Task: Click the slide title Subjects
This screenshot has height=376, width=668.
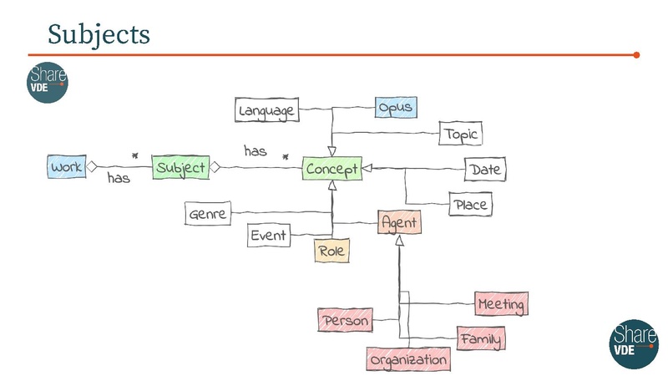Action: tap(99, 34)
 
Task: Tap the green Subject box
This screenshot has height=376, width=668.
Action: tap(181, 168)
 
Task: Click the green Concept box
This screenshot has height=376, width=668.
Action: tap(331, 170)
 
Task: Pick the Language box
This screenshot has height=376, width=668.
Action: tap(266, 111)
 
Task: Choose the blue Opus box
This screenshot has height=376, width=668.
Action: tap(394, 108)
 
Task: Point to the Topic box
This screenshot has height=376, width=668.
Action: tap(461, 134)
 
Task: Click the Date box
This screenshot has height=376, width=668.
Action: tap(485, 170)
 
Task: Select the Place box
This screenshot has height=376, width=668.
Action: tap(469, 204)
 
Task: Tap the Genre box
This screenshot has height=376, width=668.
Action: tap(208, 215)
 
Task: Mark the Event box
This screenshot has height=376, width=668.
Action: tap(269, 236)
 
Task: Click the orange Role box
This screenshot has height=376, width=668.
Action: tap(331, 251)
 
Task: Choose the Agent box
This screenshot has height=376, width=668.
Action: tap(399, 223)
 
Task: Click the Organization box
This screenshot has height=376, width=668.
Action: tap(408, 360)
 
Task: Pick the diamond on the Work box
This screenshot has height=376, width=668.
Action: tap(94, 167)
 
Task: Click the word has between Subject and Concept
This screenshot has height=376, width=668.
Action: tap(256, 151)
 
